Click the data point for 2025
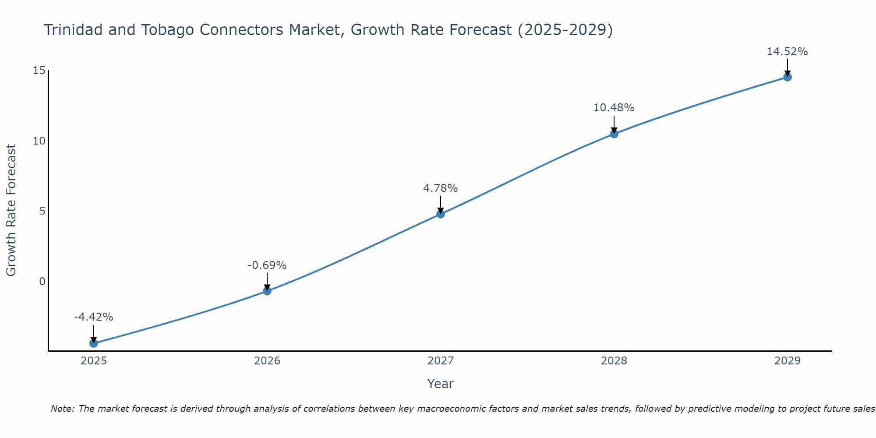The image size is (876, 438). tap(94, 343)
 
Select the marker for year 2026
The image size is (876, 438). tap(267, 291)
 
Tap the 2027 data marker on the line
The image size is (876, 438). tap(441, 214)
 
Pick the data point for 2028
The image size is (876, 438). tap(614, 134)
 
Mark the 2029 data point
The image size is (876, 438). tap(788, 77)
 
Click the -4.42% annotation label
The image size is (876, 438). tap(94, 317)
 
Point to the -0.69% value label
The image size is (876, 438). tap(267, 265)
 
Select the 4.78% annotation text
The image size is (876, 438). tap(441, 188)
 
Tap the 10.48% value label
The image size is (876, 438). tap(614, 108)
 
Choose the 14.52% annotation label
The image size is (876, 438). tap(788, 52)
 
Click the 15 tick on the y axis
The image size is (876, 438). tap(39, 71)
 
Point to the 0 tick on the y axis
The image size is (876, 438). tap(42, 281)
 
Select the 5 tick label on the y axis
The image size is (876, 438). tap(42, 211)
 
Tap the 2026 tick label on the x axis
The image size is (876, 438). tap(267, 361)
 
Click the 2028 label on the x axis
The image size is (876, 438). tap(614, 361)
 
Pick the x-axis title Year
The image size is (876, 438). tap(441, 384)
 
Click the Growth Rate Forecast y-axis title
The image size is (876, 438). tap(11, 210)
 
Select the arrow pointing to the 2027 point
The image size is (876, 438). tap(441, 205)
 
